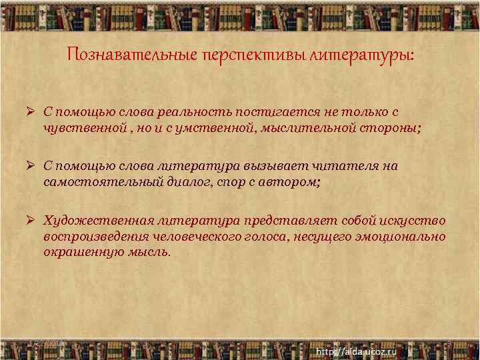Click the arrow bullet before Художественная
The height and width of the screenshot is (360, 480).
pos(31,221)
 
